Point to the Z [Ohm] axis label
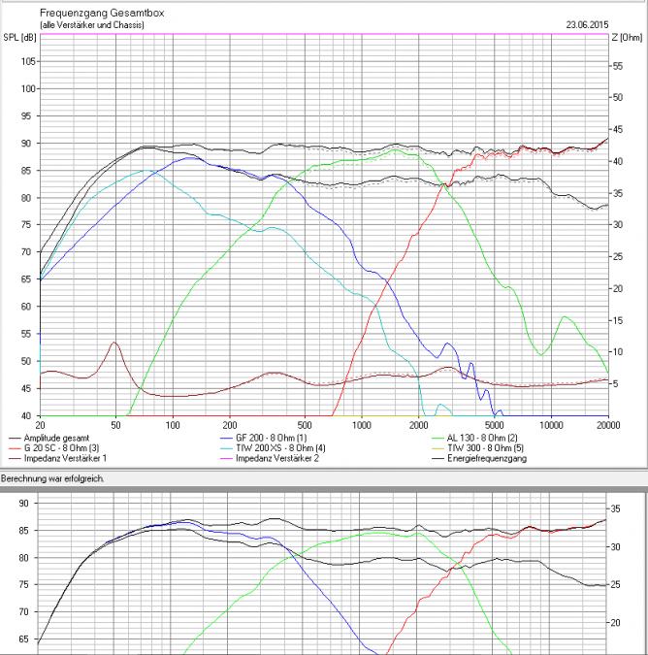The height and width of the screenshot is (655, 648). click(628, 37)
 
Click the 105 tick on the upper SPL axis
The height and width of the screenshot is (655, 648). click(27, 61)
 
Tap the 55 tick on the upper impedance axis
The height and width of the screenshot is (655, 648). click(617, 66)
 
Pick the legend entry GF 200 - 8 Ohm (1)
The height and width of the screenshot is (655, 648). click(264, 438)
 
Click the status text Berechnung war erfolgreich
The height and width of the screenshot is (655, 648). click(52, 478)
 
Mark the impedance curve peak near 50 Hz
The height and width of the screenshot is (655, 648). click(115, 343)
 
